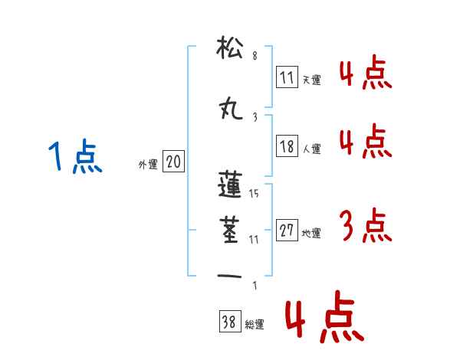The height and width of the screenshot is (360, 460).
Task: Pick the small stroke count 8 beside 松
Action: coord(255,55)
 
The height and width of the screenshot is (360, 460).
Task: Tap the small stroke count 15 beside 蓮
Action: coord(254,194)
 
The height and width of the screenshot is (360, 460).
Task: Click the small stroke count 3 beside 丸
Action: coord(255,116)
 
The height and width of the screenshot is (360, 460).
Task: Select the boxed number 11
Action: coord(287,77)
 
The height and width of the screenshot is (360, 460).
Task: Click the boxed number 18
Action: coord(287,147)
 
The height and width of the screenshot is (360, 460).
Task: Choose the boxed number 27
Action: coord(287,231)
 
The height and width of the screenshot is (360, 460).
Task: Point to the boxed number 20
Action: coord(174,162)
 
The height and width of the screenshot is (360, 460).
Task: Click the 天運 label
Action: coord(312,80)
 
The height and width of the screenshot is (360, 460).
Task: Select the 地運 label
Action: coord(312,233)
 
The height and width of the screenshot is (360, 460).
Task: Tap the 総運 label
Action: coord(255,325)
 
